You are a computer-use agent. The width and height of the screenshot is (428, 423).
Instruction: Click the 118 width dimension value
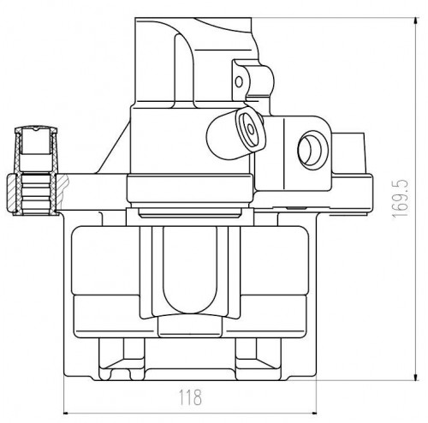click(190, 397)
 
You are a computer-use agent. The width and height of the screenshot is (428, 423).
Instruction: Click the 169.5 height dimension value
click(401, 199)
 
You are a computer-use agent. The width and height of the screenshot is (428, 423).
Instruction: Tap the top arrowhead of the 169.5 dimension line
click(416, 23)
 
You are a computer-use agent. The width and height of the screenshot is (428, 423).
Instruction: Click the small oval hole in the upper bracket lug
click(239, 82)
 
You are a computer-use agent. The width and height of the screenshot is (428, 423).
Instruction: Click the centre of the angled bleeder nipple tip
click(251, 129)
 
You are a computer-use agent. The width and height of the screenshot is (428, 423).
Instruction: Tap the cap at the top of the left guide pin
click(36, 129)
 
